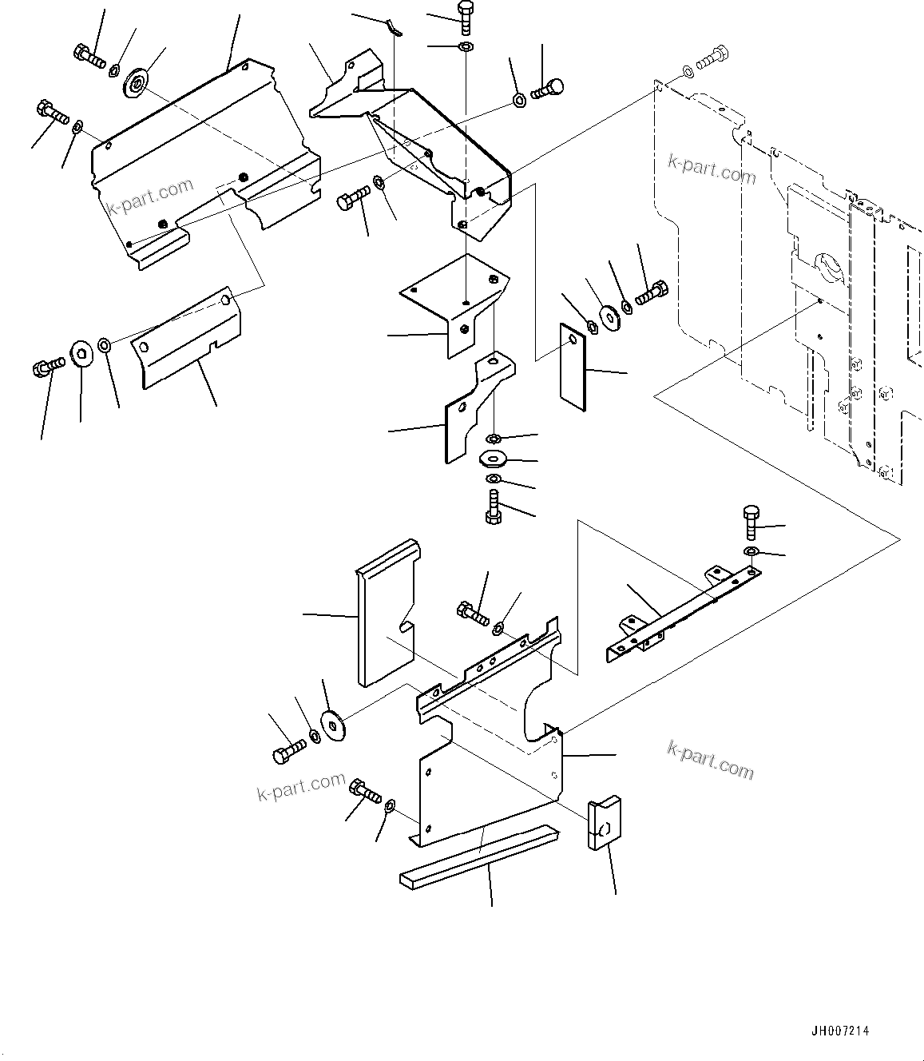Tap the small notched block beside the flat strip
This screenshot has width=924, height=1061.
click(x=604, y=823)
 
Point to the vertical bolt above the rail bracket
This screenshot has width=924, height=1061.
click(x=751, y=523)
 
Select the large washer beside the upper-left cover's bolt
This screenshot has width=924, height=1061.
click(x=137, y=82)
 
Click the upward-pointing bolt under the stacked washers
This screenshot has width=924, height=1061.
click(x=493, y=507)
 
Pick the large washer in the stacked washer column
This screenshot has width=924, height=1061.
click(x=494, y=459)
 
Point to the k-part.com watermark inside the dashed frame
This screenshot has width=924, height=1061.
click(x=711, y=169)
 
